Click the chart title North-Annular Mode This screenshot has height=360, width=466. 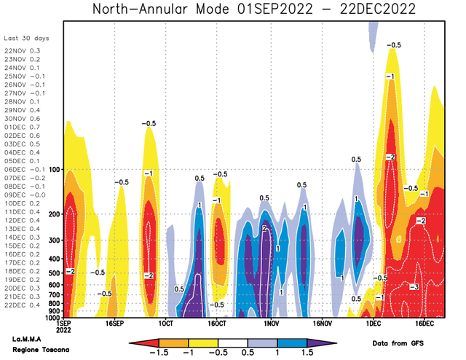click(161, 9)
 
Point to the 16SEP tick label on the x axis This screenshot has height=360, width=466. click(114, 324)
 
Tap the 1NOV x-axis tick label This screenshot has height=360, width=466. click(271, 324)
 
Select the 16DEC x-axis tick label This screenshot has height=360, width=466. click(424, 324)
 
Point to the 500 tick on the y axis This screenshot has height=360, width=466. click(54, 273)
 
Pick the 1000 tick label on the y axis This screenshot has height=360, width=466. click(52, 318)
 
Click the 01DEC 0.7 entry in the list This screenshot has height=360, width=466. click(22, 127)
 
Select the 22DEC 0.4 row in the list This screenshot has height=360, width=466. click(22, 305)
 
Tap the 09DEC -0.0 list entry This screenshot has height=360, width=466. click(25, 195)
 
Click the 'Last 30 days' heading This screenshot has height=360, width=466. click(26, 39)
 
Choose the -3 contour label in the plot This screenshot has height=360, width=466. click(414, 287)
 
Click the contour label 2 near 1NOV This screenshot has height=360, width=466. click(264, 229)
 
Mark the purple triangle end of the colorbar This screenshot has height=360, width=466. click(322, 343)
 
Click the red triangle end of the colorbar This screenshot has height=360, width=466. click(144, 343)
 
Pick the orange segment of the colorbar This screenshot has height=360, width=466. click(173, 343)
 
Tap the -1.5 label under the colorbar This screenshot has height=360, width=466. click(159, 353)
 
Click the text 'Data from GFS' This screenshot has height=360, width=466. click(398, 343)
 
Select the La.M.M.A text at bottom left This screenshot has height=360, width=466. click(27, 339)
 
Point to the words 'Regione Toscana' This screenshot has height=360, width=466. click(41, 350)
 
